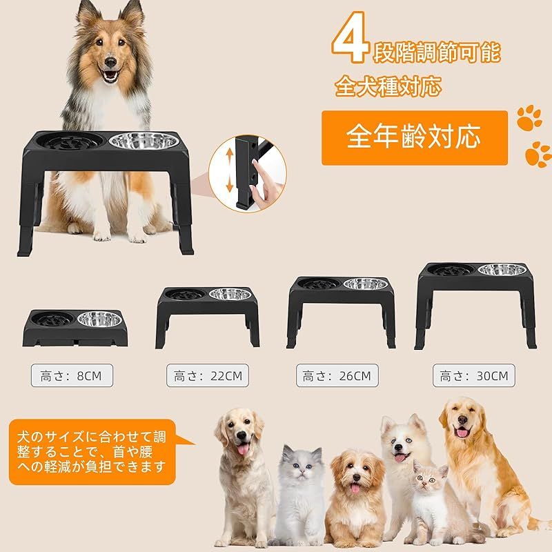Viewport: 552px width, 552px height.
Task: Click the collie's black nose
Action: [x=110, y=63]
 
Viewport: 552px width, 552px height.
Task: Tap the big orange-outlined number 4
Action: [x=350, y=37]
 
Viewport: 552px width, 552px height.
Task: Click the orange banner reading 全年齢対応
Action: [x=415, y=137]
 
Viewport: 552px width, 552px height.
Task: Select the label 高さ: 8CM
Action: [x=72, y=375]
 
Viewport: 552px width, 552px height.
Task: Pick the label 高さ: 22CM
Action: [x=208, y=375]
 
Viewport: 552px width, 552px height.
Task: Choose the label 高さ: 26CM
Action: [x=337, y=375]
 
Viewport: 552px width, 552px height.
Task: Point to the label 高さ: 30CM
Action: [x=473, y=375]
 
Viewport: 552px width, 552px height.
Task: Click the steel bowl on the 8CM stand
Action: [x=99, y=319]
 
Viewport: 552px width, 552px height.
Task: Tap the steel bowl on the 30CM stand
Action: [x=502, y=270]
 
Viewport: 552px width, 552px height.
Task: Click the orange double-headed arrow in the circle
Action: [x=229, y=170]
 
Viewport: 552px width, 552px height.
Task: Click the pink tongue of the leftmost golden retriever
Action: [x=243, y=449]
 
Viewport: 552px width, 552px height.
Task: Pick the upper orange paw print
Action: [x=529, y=117]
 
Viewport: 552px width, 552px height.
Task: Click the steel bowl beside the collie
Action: [x=144, y=141]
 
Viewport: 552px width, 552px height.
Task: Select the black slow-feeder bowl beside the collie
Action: [x=70, y=141]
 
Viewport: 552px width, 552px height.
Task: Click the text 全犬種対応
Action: [x=388, y=86]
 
